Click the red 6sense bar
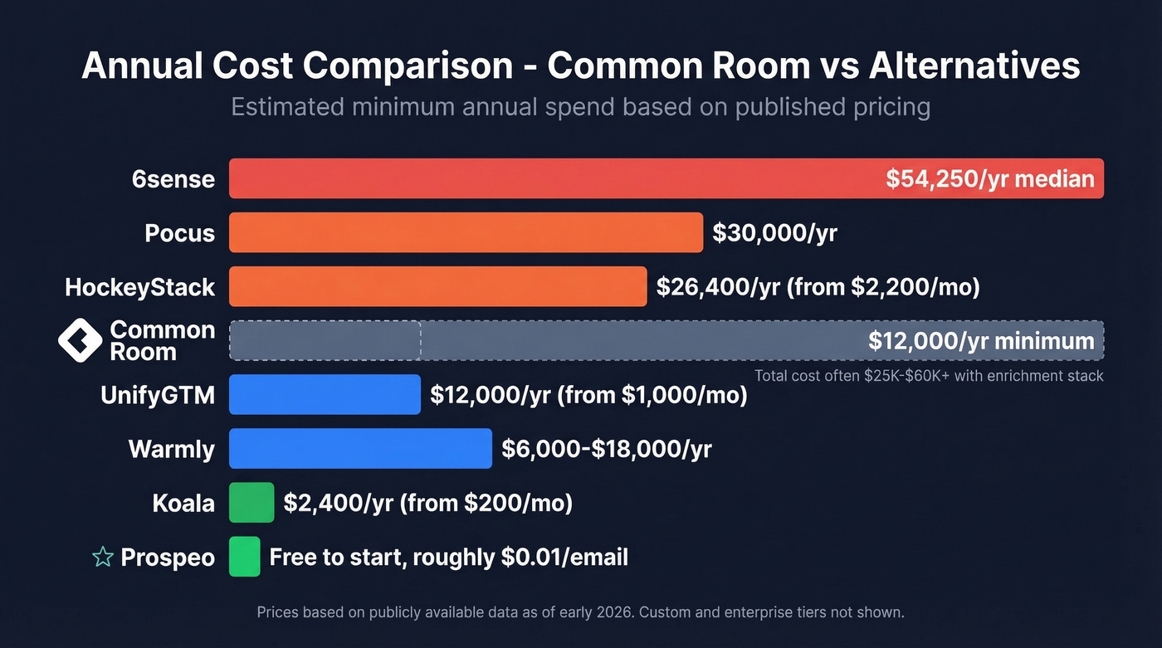click(548, 178)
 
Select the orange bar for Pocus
click(466, 232)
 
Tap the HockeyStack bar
click(437, 286)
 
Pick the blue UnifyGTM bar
click(325, 394)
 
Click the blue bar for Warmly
click(360, 449)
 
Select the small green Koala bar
click(251, 503)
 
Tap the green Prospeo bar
click(245, 557)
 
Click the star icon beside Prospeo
click(103, 557)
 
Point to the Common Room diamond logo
click(80, 340)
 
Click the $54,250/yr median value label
click(989, 178)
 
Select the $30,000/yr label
click(774, 233)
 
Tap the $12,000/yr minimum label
click(981, 341)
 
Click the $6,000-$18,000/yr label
click(606, 449)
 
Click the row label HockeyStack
click(140, 287)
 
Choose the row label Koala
click(183, 504)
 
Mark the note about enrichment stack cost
click(928, 376)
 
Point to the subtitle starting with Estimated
click(580, 107)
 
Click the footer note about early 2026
click(580, 612)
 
